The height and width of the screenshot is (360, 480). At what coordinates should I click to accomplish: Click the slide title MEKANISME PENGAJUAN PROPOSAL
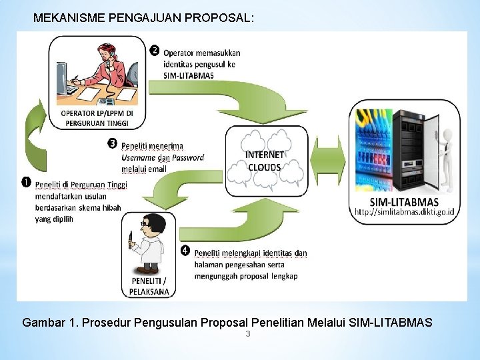coord(143,18)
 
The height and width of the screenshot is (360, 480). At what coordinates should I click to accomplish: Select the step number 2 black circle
coord(154,51)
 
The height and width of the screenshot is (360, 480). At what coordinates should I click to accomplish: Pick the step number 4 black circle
coord(185,251)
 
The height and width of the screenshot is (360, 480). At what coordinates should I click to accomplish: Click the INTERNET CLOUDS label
coord(265,161)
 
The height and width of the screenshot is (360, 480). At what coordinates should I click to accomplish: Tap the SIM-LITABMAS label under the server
coord(404,201)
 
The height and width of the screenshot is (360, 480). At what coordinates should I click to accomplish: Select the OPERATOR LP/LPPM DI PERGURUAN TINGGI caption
coord(97,118)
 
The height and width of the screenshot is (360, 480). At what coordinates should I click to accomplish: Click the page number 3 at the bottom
coord(247,333)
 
